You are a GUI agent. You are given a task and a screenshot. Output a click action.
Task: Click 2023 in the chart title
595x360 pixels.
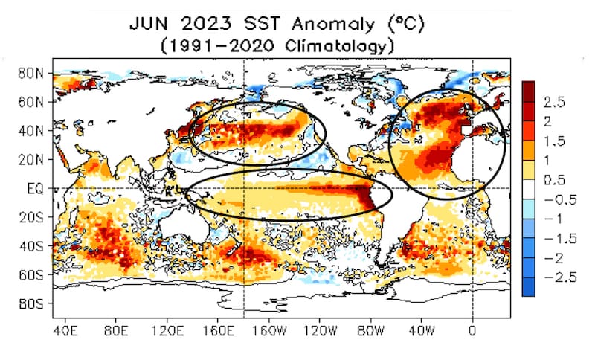pyautogui.click(x=206, y=25)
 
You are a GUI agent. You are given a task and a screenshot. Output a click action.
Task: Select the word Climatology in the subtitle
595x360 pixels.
pyautogui.click(x=336, y=46)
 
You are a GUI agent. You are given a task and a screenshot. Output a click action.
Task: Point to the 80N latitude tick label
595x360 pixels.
pyautogui.click(x=30, y=73)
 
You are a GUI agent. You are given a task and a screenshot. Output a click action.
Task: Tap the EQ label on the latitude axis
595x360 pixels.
pyautogui.click(x=35, y=188)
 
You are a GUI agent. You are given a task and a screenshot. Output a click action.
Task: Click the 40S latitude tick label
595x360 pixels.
pyautogui.click(x=31, y=246)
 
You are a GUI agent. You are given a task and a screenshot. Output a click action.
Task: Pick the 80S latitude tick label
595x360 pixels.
pyautogui.click(x=31, y=304)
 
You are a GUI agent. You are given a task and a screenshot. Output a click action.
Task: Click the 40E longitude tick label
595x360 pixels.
pyautogui.click(x=65, y=331)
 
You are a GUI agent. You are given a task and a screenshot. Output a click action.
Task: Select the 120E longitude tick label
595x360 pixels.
pyautogui.click(x=167, y=331)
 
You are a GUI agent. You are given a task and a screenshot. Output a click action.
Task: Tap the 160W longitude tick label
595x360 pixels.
pyautogui.click(x=269, y=331)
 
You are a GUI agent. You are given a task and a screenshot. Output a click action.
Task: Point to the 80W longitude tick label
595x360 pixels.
pyautogui.click(x=370, y=331)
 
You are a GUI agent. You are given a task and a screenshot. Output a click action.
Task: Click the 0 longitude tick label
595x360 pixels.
pyautogui.click(x=472, y=331)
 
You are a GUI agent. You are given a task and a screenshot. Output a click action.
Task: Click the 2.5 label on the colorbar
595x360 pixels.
pyautogui.click(x=554, y=102)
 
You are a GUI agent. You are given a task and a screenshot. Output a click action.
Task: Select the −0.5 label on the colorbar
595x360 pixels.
pyautogui.click(x=561, y=199)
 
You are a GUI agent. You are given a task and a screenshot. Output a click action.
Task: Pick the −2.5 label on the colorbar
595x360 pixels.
pyautogui.click(x=561, y=277)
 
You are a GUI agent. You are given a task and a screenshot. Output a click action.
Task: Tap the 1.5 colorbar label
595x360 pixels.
pyautogui.click(x=554, y=141)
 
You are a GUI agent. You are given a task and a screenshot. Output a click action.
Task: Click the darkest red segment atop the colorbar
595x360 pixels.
pyautogui.click(x=528, y=91)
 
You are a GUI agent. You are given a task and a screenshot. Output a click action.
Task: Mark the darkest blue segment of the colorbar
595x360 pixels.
pyautogui.click(x=528, y=287)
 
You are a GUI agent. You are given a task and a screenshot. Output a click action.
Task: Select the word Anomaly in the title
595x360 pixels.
pyautogui.click(x=333, y=25)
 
